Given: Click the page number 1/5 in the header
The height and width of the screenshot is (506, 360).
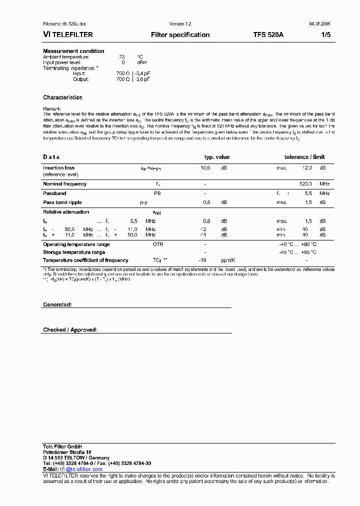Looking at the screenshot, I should pos(324,35).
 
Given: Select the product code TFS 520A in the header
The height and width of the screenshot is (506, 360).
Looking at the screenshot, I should pos(268,35).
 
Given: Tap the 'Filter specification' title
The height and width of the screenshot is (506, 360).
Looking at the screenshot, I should pos(180,35).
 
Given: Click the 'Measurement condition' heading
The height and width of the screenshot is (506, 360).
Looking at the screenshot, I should pos(73,51).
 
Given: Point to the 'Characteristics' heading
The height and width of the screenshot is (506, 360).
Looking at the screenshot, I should pos(62,97).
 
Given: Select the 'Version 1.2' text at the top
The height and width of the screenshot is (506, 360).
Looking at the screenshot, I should pos(180,24).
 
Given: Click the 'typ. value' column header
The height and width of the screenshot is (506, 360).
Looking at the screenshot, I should pos(217,157).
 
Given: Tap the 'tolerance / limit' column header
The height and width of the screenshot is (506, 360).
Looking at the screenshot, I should pos(304,157).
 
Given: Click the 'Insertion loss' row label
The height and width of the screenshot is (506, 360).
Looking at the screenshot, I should pos(58,168).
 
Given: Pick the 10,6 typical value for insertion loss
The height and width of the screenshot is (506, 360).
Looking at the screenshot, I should pos(205,168).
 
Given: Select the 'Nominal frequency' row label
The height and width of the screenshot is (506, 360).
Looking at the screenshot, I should pos(64,184).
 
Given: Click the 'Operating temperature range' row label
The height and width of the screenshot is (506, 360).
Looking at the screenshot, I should pos(76,244).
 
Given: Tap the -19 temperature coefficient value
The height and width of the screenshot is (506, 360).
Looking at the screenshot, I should pos(202,260).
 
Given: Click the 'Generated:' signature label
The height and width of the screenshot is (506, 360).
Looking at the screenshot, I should pos(57,304).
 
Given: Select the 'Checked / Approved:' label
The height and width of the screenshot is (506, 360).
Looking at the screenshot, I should pos(70,330).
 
